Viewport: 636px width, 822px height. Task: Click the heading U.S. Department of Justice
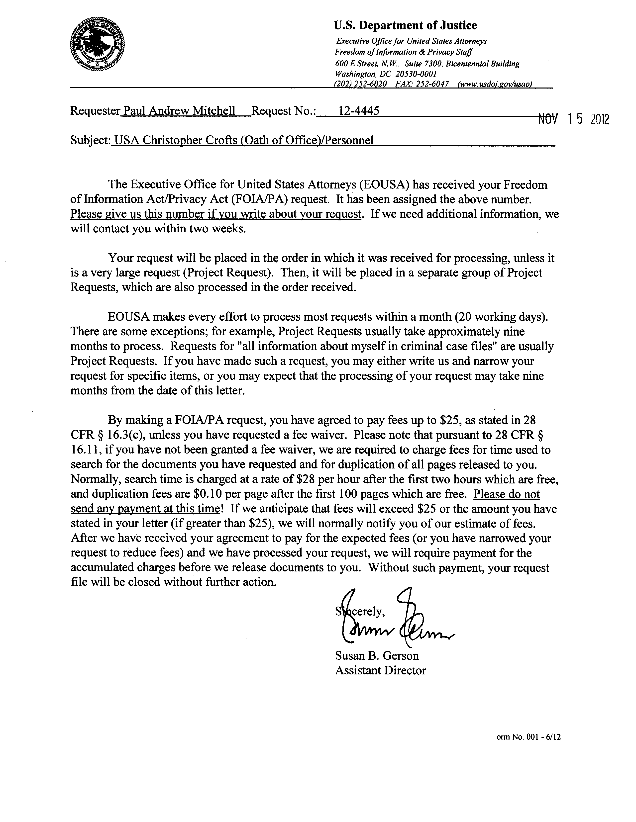pos(406,26)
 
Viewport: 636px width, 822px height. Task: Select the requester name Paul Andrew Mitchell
pos(180,111)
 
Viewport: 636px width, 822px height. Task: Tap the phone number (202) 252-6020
pos(360,84)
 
